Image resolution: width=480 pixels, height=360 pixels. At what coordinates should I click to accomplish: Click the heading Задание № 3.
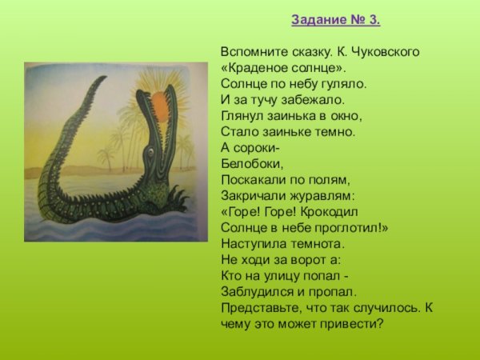335,18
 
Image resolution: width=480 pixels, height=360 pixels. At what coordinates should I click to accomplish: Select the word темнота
316,244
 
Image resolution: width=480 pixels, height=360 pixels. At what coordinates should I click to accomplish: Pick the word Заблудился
255,292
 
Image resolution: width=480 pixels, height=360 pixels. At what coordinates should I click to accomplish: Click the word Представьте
258,308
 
